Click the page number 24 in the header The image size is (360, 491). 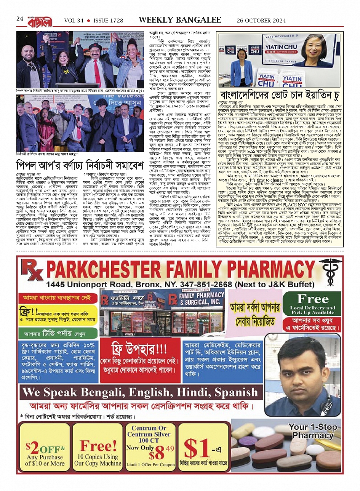click(20, 19)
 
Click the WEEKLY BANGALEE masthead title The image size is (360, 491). click(180, 20)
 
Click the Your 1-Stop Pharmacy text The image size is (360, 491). click(313, 431)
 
